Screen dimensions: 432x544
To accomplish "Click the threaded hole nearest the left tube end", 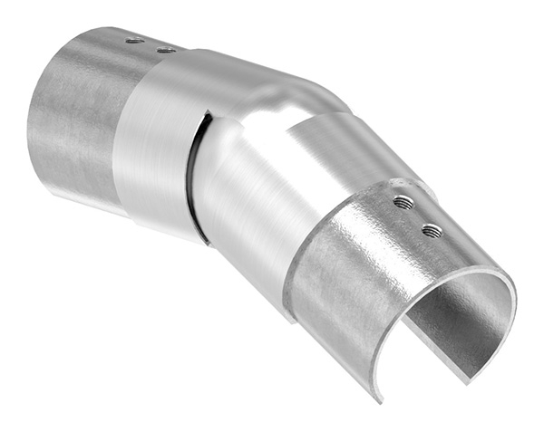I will (x=134, y=40).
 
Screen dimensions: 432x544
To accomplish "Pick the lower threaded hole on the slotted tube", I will (x=431, y=230).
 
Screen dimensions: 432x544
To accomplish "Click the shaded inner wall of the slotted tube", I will (x=462, y=317).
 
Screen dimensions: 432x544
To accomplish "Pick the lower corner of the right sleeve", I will (x=291, y=320).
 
